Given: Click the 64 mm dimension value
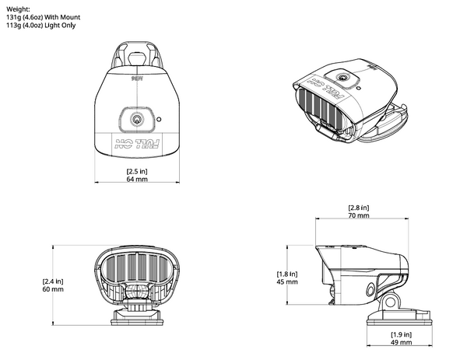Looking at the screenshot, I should [x=136, y=180].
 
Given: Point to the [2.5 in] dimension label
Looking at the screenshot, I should [x=136, y=171].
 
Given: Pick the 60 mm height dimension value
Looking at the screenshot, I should [x=54, y=289].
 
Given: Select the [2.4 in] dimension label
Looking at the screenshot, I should [x=54, y=281].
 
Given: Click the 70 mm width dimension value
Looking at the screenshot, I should [x=360, y=216].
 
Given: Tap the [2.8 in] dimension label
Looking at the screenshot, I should [x=360, y=208].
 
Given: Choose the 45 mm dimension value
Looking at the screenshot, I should [x=287, y=282].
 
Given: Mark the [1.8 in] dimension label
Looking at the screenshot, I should [x=287, y=274].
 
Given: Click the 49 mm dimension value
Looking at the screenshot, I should [x=402, y=342].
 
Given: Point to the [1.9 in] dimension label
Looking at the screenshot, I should [x=402, y=334].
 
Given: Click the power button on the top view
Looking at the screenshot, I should [x=137, y=120].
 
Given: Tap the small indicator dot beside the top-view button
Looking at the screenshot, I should [x=158, y=121].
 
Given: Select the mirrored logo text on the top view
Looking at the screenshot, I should [x=137, y=142].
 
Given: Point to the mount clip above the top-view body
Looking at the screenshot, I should [x=137, y=54].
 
